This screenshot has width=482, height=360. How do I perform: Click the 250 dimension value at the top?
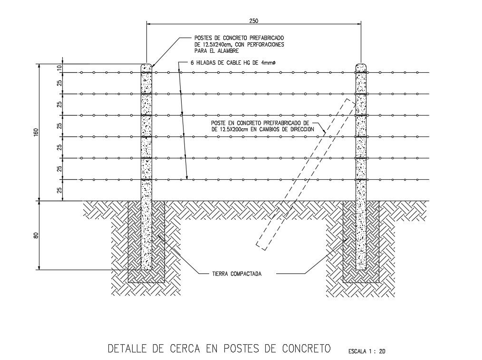[x=253, y=20]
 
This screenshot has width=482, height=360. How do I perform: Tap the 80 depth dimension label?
[x=36, y=235]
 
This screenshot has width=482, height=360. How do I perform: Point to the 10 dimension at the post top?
[x=60, y=68]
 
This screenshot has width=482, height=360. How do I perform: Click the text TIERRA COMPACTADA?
[x=237, y=274]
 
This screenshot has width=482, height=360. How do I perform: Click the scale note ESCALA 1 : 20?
[x=366, y=351]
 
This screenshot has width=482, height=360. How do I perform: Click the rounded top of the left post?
[x=146, y=66]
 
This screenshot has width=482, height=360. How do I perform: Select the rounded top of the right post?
[x=361, y=66]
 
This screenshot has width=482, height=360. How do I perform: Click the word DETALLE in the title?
[x=127, y=349]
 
